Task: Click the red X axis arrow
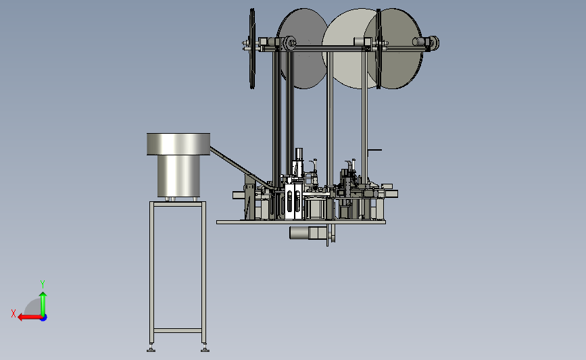pyautogui.click(x=30, y=317)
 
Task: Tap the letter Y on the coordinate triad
pyautogui.click(x=42, y=284)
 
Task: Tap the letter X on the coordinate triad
pyautogui.click(x=14, y=313)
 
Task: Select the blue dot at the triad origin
pyautogui.click(x=44, y=318)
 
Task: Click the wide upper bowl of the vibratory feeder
pyautogui.click(x=178, y=144)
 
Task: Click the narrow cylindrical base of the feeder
pyautogui.click(x=178, y=176)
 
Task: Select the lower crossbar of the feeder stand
pyautogui.click(x=178, y=330)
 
